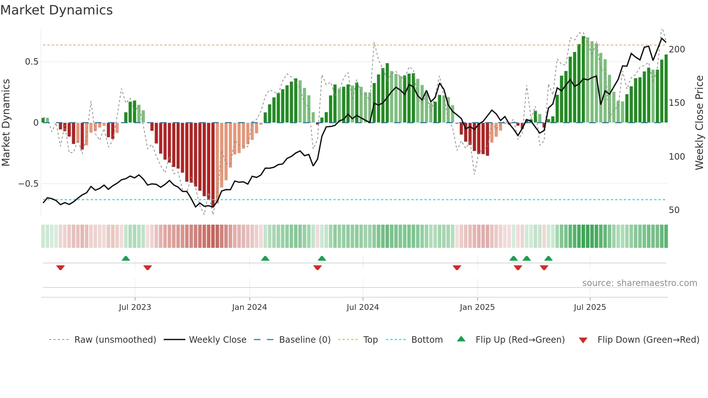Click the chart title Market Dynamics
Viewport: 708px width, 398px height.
pyautogui.click(x=56, y=10)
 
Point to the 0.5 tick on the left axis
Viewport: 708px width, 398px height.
pyautogui.click(x=31, y=62)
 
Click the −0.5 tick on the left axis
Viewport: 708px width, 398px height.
pyautogui.click(x=28, y=184)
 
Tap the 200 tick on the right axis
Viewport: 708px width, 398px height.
pyautogui.click(x=677, y=49)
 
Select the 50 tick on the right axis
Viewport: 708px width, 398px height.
pyautogui.click(x=674, y=210)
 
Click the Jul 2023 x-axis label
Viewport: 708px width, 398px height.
pyautogui.click(x=135, y=307)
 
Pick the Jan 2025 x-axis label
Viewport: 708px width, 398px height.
pyautogui.click(x=477, y=307)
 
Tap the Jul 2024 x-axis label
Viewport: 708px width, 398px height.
pyautogui.click(x=362, y=307)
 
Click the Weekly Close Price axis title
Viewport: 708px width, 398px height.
pyautogui.click(x=699, y=123)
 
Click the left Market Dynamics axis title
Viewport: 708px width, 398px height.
pyautogui.click(x=6, y=123)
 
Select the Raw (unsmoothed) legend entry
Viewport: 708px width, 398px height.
pyautogui.click(x=115, y=340)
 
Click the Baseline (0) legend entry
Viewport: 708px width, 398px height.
pyautogui.click(x=305, y=340)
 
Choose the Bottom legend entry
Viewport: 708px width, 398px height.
pyautogui.click(x=427, y=340)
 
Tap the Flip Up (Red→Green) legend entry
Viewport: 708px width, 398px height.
pyautogui.click(x=520, y=340)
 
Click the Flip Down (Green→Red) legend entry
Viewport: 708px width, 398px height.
pyautogui.click(x=648, y=340)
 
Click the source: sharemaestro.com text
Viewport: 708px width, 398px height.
pyautogui.click(x=639, y=283)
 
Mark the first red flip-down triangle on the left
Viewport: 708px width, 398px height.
pyautogui.click(x=60, y=268)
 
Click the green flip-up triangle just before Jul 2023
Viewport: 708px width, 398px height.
pyautogui.click(x=126, y=258)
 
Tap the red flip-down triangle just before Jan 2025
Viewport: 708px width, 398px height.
pyautogui.click(x=457, y=268)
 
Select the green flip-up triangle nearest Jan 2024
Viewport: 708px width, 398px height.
pyautogui.click(x=265, y=258)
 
